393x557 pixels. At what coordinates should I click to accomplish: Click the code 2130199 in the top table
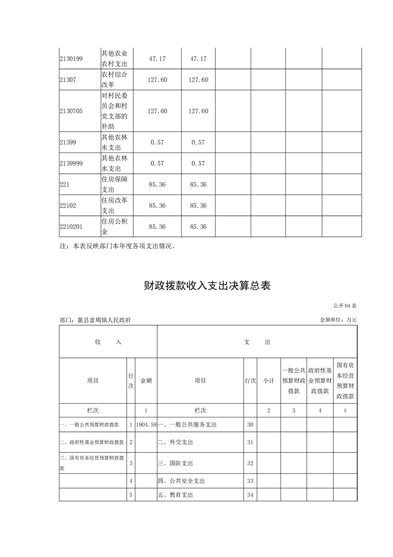coord(71,59)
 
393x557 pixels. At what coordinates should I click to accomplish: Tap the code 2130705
coord(71,111)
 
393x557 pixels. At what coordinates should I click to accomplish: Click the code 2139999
coord(71,163)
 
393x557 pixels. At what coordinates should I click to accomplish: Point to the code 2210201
coord(71,226)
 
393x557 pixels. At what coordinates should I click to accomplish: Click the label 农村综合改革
coord(114,79)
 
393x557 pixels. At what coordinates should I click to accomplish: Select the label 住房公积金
coord(114,226)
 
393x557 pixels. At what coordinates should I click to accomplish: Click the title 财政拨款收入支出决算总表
coord(207,286)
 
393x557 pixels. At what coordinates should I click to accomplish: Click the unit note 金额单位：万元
coord(338,320)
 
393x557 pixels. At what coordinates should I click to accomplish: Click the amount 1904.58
coord(146,425)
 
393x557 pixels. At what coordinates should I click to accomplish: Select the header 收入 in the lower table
coord(108,342)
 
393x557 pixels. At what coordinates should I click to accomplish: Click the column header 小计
coord(269,381)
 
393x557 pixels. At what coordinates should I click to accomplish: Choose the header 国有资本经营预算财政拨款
coord(345,381)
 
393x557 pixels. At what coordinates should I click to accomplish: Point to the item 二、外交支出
coord(175,442)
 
